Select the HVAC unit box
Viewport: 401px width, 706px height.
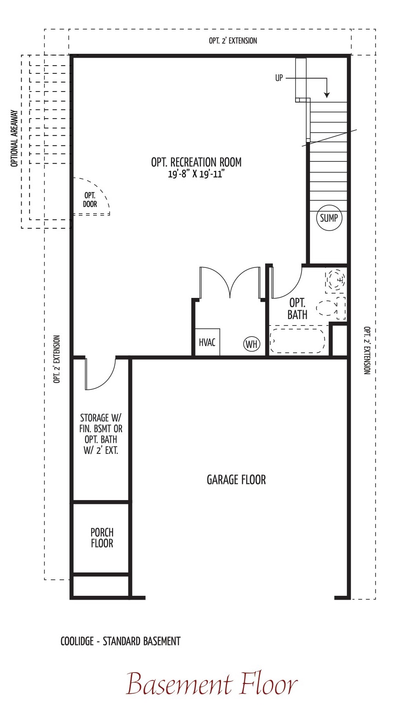pyautogui.click(x=207, y=342)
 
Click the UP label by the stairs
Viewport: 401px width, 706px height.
pyautogui.click(x=279, y=78)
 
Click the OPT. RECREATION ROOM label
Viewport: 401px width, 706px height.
pyautogui.click(x=196, y=162)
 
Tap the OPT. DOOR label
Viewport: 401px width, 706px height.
pyautogui.click(x=90, y=200)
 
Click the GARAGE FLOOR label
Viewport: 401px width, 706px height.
pyautogui.click(x=236, y=480)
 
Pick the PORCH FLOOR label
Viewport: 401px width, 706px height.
pyautogui.click(x=102, y=538)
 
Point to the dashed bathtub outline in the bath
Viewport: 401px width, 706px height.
pyautogui.click(x=297, y=341)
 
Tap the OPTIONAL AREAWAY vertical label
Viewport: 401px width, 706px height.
pyautogui.click(x=14, y=138)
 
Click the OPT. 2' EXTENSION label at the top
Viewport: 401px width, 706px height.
pyautogui.click(x=233, y=41)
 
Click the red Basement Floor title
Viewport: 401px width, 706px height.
pyautogui.click(x=212, y=683)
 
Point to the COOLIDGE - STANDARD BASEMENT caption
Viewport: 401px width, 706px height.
pyautogui.click(x=120, y=641)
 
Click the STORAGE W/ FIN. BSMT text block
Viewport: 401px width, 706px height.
pyautogui.click(x=101, y=434)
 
